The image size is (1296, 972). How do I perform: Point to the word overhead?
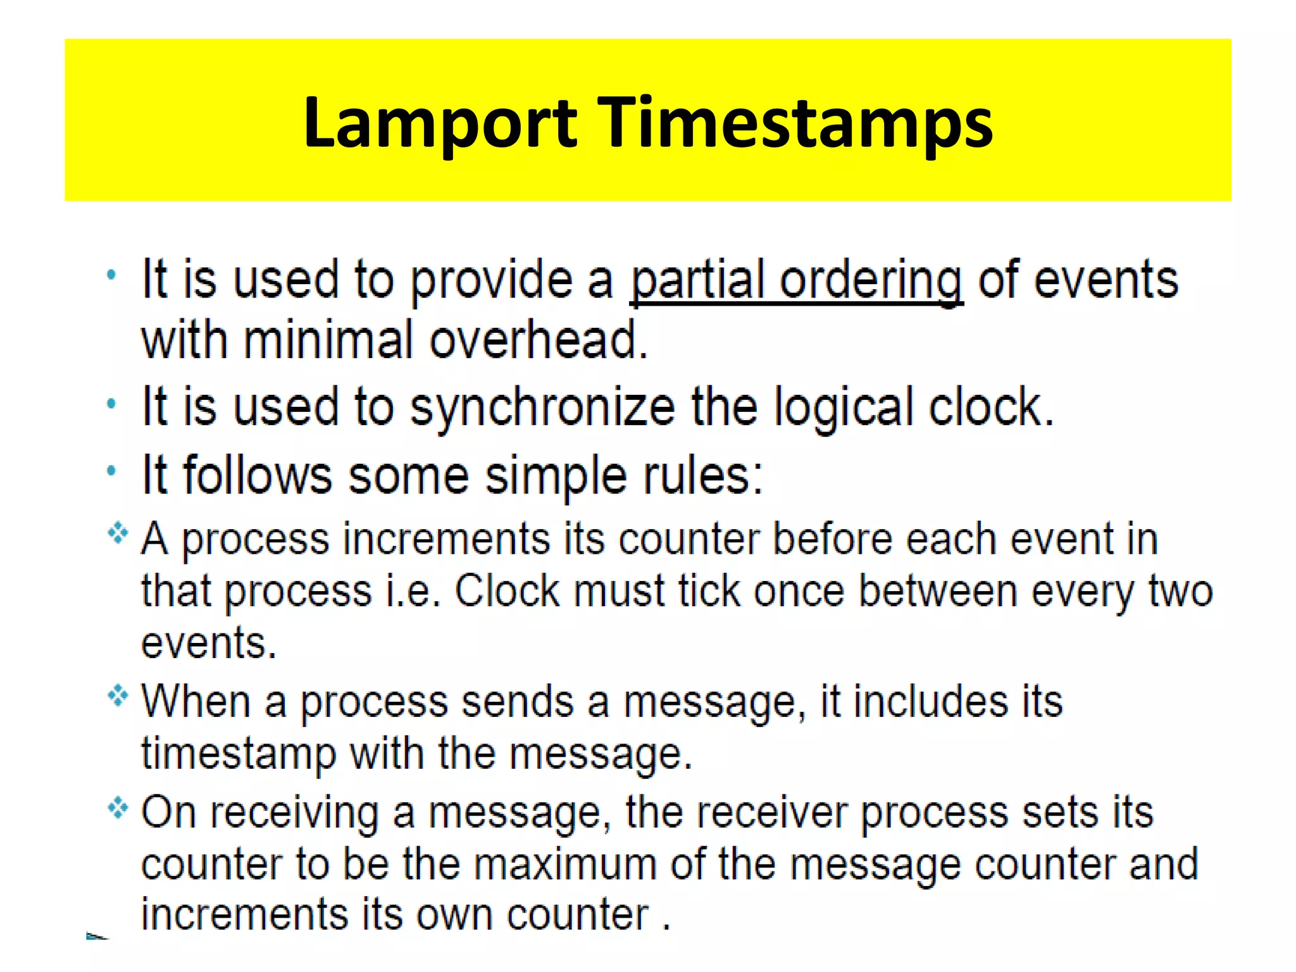[x=539, y=340]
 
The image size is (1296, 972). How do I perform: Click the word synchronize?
[x=543, y=408]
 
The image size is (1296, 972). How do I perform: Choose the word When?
[x=196, y=702]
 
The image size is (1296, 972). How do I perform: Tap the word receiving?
[x=294, y=812]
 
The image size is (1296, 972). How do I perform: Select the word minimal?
[x=328, y=340]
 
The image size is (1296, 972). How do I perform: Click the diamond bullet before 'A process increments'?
[x=118, y=533]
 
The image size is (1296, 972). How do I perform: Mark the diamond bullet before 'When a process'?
[x=118, y=697]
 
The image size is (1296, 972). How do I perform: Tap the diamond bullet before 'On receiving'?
[x=118, y=807]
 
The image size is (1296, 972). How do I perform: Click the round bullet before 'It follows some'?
[x=112, y=471]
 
